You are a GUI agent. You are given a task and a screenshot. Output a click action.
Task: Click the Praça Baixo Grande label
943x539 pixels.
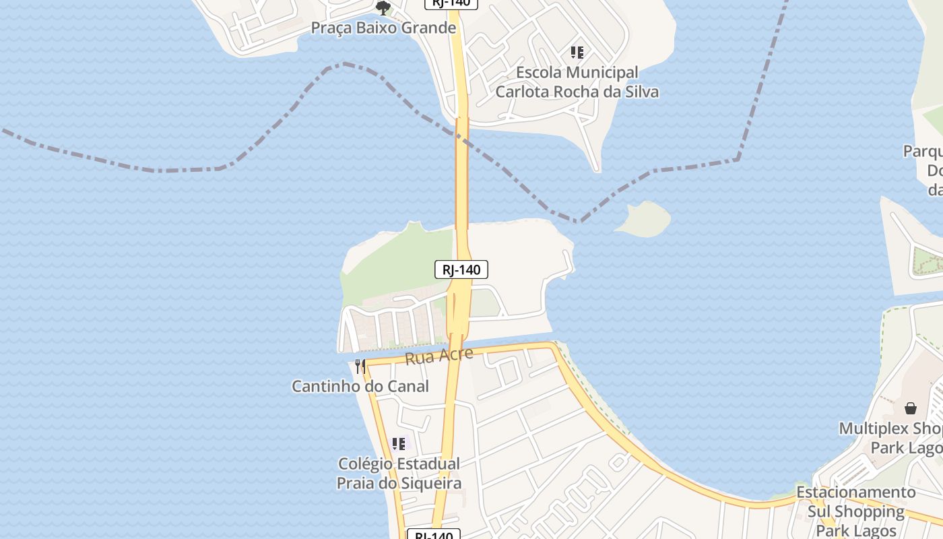(383, 28)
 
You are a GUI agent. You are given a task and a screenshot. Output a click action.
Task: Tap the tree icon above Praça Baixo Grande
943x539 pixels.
(383, 8)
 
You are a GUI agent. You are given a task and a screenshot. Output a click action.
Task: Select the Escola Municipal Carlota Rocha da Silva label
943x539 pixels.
(577, 82)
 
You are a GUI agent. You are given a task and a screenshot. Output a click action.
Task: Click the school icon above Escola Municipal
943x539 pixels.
(577, 52)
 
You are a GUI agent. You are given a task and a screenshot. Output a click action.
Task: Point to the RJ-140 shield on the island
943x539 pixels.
(461, 270)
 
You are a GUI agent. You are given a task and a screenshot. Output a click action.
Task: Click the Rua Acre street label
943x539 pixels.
(439, 356)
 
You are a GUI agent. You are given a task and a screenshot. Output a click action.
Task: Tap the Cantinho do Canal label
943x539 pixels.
(360, 386)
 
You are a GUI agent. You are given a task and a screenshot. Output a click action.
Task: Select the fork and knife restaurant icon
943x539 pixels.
(360, 367)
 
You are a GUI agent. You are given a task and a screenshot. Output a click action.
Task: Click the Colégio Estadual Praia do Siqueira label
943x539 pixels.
(399, 474)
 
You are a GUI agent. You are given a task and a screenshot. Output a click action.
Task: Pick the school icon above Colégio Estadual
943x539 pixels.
(399, 443)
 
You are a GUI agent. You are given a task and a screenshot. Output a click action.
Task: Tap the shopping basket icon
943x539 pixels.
(911, 408)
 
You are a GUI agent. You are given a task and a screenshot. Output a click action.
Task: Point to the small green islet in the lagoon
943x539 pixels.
(644, 219)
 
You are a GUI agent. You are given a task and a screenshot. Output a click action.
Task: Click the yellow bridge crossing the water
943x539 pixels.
(461, 175)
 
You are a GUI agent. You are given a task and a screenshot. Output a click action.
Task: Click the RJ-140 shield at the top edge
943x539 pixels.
(451, 3)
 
